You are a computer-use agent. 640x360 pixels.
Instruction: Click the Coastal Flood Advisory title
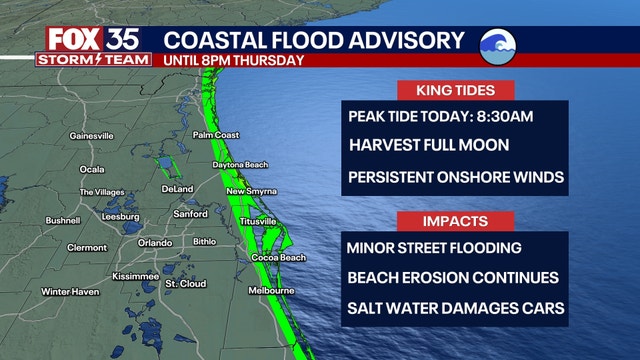[314, 40]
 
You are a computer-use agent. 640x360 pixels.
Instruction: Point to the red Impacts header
[455, 220]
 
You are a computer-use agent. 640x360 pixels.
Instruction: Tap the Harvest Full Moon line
[429, 146]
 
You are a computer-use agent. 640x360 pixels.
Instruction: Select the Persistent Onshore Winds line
[456, 178]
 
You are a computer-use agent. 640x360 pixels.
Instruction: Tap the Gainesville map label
[93, 135]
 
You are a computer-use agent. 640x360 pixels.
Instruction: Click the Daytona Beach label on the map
[240, 165]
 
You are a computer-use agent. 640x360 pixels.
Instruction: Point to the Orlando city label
[155, 242]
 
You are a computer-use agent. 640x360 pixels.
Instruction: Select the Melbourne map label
[270, 291]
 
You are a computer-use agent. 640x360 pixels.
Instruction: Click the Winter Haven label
[70, 291]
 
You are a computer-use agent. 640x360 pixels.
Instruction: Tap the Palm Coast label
[217, 134]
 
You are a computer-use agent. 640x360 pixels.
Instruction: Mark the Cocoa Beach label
[279, 258]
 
